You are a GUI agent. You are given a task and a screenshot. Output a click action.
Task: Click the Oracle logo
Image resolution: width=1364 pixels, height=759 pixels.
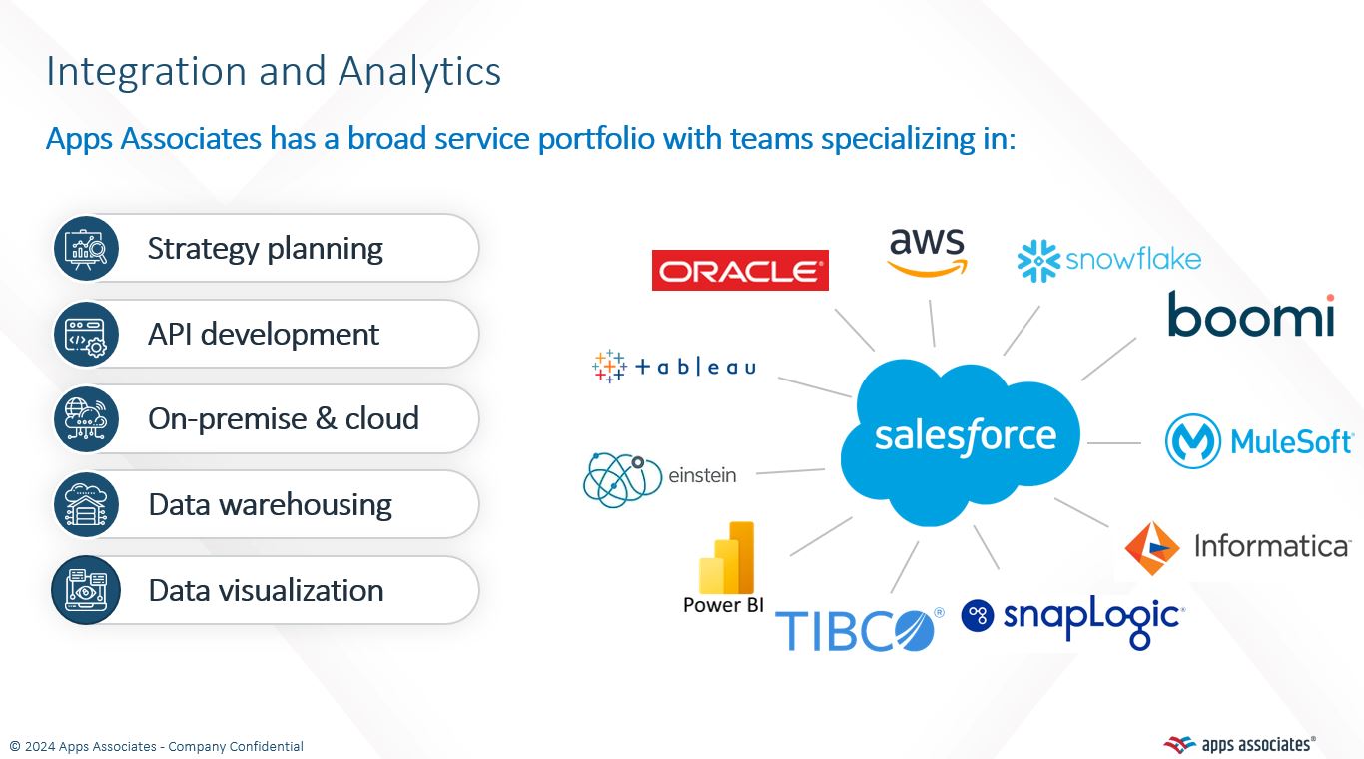[740, 270]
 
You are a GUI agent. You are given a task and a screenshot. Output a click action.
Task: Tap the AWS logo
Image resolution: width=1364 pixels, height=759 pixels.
[927, 251]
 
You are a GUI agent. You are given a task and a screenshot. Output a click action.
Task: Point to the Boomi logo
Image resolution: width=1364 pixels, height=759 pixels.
[1251, 314]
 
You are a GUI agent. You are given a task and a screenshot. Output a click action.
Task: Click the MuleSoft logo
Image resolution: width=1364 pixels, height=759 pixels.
[1259, 441]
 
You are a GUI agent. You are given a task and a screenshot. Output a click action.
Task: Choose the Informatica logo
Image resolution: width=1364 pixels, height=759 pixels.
[1237, 547]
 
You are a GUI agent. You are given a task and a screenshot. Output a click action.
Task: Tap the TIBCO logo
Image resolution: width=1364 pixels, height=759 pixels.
[858, 629]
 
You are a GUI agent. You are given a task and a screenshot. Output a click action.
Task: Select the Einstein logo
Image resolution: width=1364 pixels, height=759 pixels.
[660, 478]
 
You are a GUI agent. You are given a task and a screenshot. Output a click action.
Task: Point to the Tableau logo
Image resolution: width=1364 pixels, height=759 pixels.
[674, 367]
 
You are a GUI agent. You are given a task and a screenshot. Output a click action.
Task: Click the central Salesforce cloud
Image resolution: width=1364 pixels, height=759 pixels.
[965, 437]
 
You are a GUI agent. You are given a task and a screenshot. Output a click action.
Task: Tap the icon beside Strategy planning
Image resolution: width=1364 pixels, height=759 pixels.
[86, 248]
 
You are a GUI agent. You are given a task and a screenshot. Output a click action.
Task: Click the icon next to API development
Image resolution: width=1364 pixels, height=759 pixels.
[86, 334]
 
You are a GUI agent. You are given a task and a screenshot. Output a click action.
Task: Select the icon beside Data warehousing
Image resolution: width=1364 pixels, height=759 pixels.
[86, 505]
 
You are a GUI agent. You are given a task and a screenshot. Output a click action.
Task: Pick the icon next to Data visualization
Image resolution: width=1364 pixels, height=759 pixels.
[86, 590]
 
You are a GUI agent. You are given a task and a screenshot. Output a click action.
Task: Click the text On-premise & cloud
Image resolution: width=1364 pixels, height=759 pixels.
[284, 419]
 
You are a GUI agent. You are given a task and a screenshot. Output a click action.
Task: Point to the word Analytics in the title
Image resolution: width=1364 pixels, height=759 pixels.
[419, 72]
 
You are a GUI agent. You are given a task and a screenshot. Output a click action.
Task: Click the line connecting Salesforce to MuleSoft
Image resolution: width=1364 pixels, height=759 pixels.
[1113, 442]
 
